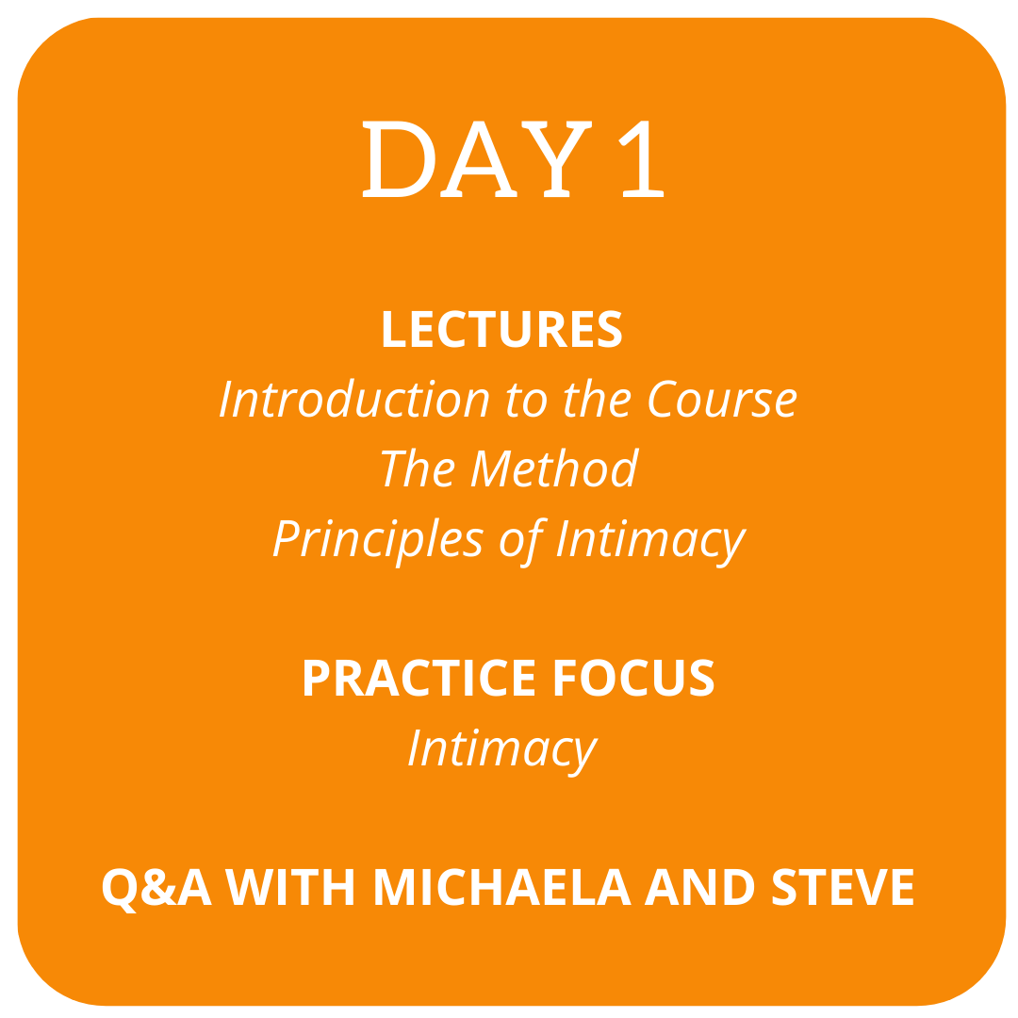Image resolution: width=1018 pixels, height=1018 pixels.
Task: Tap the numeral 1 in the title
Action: [642, 159]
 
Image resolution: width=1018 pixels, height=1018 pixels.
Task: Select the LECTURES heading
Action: [502, 329]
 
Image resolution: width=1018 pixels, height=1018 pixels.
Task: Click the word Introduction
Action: [354, 398]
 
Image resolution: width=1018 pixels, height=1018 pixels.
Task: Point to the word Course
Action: [723, 398]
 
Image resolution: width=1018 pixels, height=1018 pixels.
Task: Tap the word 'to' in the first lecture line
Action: [527, 400]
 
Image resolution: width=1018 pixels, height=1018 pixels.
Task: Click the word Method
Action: [555, 468]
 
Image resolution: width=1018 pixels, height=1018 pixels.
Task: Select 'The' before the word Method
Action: [418, 468]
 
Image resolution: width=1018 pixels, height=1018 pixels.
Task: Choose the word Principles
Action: [379, 540]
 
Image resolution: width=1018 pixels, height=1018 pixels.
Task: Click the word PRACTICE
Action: [419, 678]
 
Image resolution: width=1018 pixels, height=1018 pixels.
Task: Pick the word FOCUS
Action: [633, 678]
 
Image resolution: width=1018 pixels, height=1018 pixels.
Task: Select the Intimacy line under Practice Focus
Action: [502, 750]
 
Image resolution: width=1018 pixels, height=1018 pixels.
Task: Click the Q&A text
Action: [157, 887]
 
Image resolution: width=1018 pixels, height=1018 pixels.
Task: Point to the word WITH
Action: [289, 887]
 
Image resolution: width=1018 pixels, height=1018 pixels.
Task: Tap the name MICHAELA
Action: [502, 887]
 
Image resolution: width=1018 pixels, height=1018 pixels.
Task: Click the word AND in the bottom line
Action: [699, 887]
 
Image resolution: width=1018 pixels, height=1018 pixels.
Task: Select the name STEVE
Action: [843, 887]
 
